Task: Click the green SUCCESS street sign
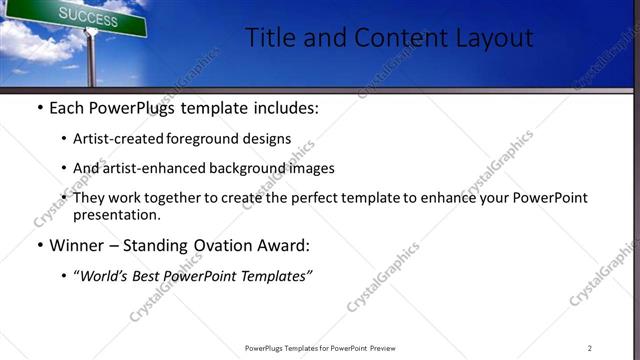(x=95, y=16)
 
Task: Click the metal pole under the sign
(x=92, y=60)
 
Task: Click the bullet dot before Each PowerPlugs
(x=39, y=108)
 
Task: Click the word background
(x=255, y=168)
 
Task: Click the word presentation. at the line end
(x=116, y=214)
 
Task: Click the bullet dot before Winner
(x=39, y=245)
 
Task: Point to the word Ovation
(x=218, y=245)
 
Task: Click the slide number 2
(x=590, y=348)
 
